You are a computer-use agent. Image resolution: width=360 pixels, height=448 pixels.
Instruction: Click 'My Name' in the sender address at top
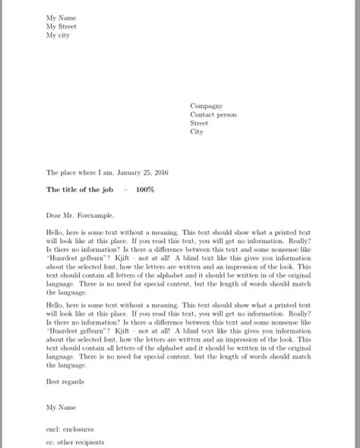(x=61, y=17)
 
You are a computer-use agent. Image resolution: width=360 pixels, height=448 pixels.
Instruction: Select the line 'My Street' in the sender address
(x=62, y=26)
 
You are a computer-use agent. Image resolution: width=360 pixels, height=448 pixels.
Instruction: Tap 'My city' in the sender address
(x=58, y=35)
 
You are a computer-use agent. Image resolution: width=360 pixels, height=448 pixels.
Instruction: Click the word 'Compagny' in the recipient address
(x=207, y=106)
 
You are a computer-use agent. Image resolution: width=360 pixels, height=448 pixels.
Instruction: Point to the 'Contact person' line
(x=213, y=115)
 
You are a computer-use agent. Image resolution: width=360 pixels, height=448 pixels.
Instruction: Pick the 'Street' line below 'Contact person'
(x=199, y=123)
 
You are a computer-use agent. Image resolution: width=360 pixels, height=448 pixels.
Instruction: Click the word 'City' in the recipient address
(x=197, y=132)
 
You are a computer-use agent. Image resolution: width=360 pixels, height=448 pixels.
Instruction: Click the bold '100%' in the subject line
(x=145, y=189)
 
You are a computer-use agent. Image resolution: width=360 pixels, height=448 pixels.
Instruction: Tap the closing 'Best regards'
(x=65, y=381)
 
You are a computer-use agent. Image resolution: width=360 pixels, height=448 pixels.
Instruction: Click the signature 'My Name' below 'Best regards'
(x=61, y=408)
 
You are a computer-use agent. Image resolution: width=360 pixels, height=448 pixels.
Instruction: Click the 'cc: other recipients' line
(x=75, y=442)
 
